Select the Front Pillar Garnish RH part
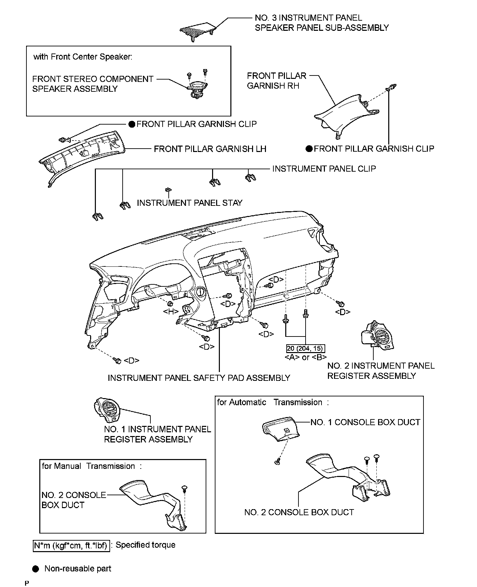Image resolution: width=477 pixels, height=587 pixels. coord(346,115)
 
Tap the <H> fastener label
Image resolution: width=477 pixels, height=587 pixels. coord(171,311)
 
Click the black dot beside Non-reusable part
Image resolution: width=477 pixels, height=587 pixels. coord(36,568)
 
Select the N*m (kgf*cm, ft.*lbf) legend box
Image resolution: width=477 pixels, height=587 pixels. coord(71,545)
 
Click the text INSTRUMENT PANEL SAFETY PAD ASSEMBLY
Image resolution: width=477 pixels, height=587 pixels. coord(199,378)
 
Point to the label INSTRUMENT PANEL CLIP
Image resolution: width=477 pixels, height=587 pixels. coord(324,169)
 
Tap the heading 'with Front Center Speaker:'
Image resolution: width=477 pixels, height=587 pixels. coord(83,57)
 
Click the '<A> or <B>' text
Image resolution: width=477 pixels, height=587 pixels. coord(305,357)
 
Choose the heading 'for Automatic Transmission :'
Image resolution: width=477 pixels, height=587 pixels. coord(273,402)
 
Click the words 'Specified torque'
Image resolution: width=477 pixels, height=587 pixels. coord(145,545)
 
